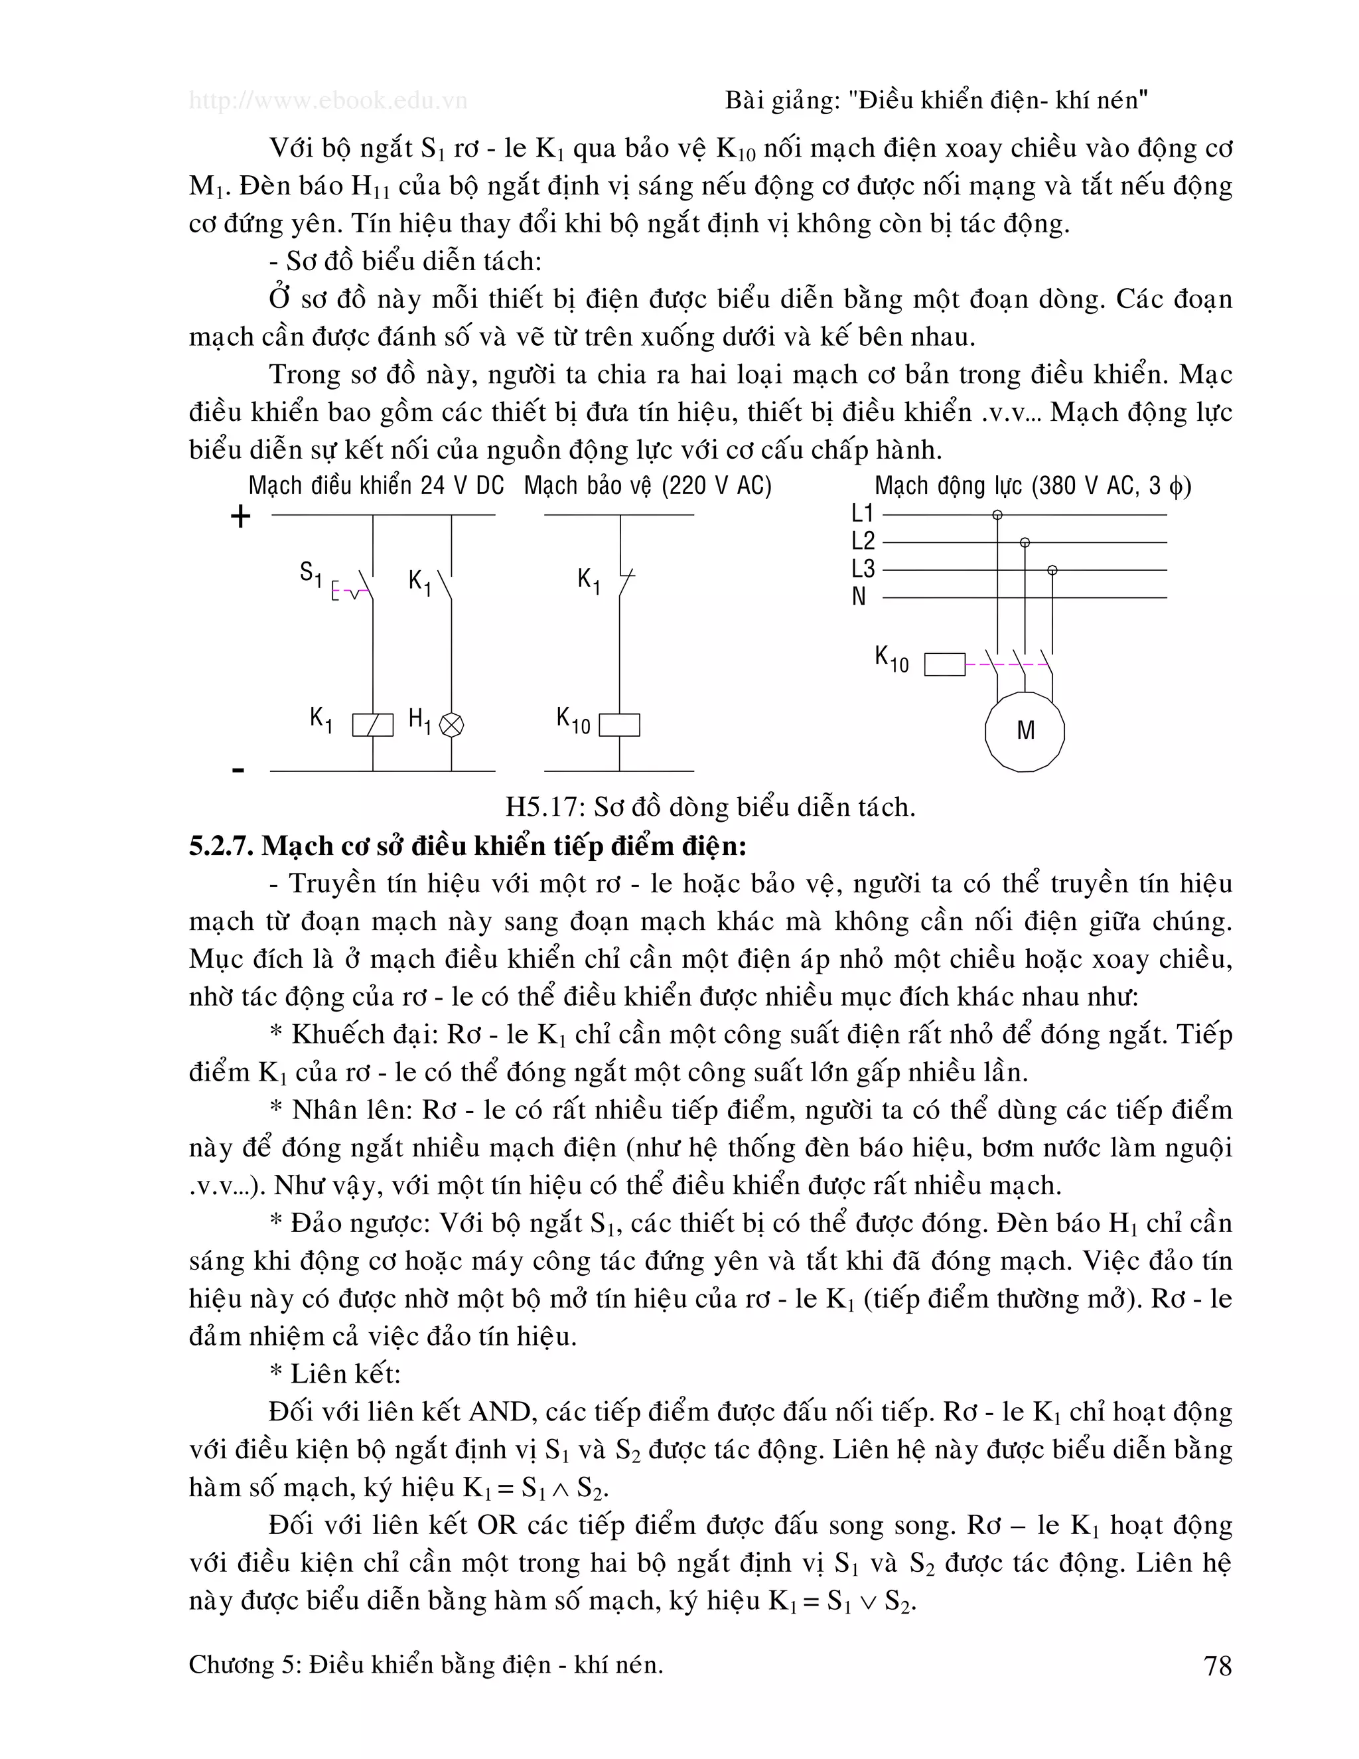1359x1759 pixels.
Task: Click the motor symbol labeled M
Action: click(x=1024, y=731)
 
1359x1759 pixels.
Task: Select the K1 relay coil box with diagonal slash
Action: click(x=373, y=725)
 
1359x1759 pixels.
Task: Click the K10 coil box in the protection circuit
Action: click(x=619, y=725)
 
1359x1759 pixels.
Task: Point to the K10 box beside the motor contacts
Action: click(x=944, y=664)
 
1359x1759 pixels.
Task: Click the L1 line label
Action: click(x=862, y=513)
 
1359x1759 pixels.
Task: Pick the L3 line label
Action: click(x=862, y=569)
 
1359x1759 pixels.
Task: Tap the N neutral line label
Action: click(x=859, y=597)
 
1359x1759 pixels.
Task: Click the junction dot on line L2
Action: click(x=1025, y=543)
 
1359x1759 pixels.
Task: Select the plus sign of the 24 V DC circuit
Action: click(x=241, y=516)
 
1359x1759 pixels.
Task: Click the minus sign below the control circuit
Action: click(x=238, y=770)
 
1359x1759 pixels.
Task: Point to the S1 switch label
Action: click(x=310, y=574)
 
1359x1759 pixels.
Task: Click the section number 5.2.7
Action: click(x=222, y=846)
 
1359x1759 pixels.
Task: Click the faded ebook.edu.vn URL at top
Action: click(x=328, y=101)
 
